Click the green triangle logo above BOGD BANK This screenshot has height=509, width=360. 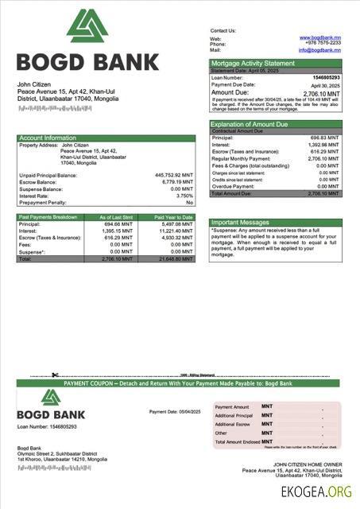click(x=87, y=26)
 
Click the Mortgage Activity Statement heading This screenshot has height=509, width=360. click(x=252, y=63)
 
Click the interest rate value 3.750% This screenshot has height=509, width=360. click(x=184, y=196)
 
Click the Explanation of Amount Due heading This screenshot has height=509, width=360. click(x=249, y=124)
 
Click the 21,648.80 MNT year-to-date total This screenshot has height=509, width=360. click(x=176, y=259)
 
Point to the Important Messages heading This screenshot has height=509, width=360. click(x=241, y=223)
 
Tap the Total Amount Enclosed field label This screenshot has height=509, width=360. click(x=238, y=441)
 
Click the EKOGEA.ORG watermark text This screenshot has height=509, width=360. click(x=315, y=492)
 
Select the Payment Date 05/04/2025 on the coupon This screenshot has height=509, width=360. click(x=174, y=411)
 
